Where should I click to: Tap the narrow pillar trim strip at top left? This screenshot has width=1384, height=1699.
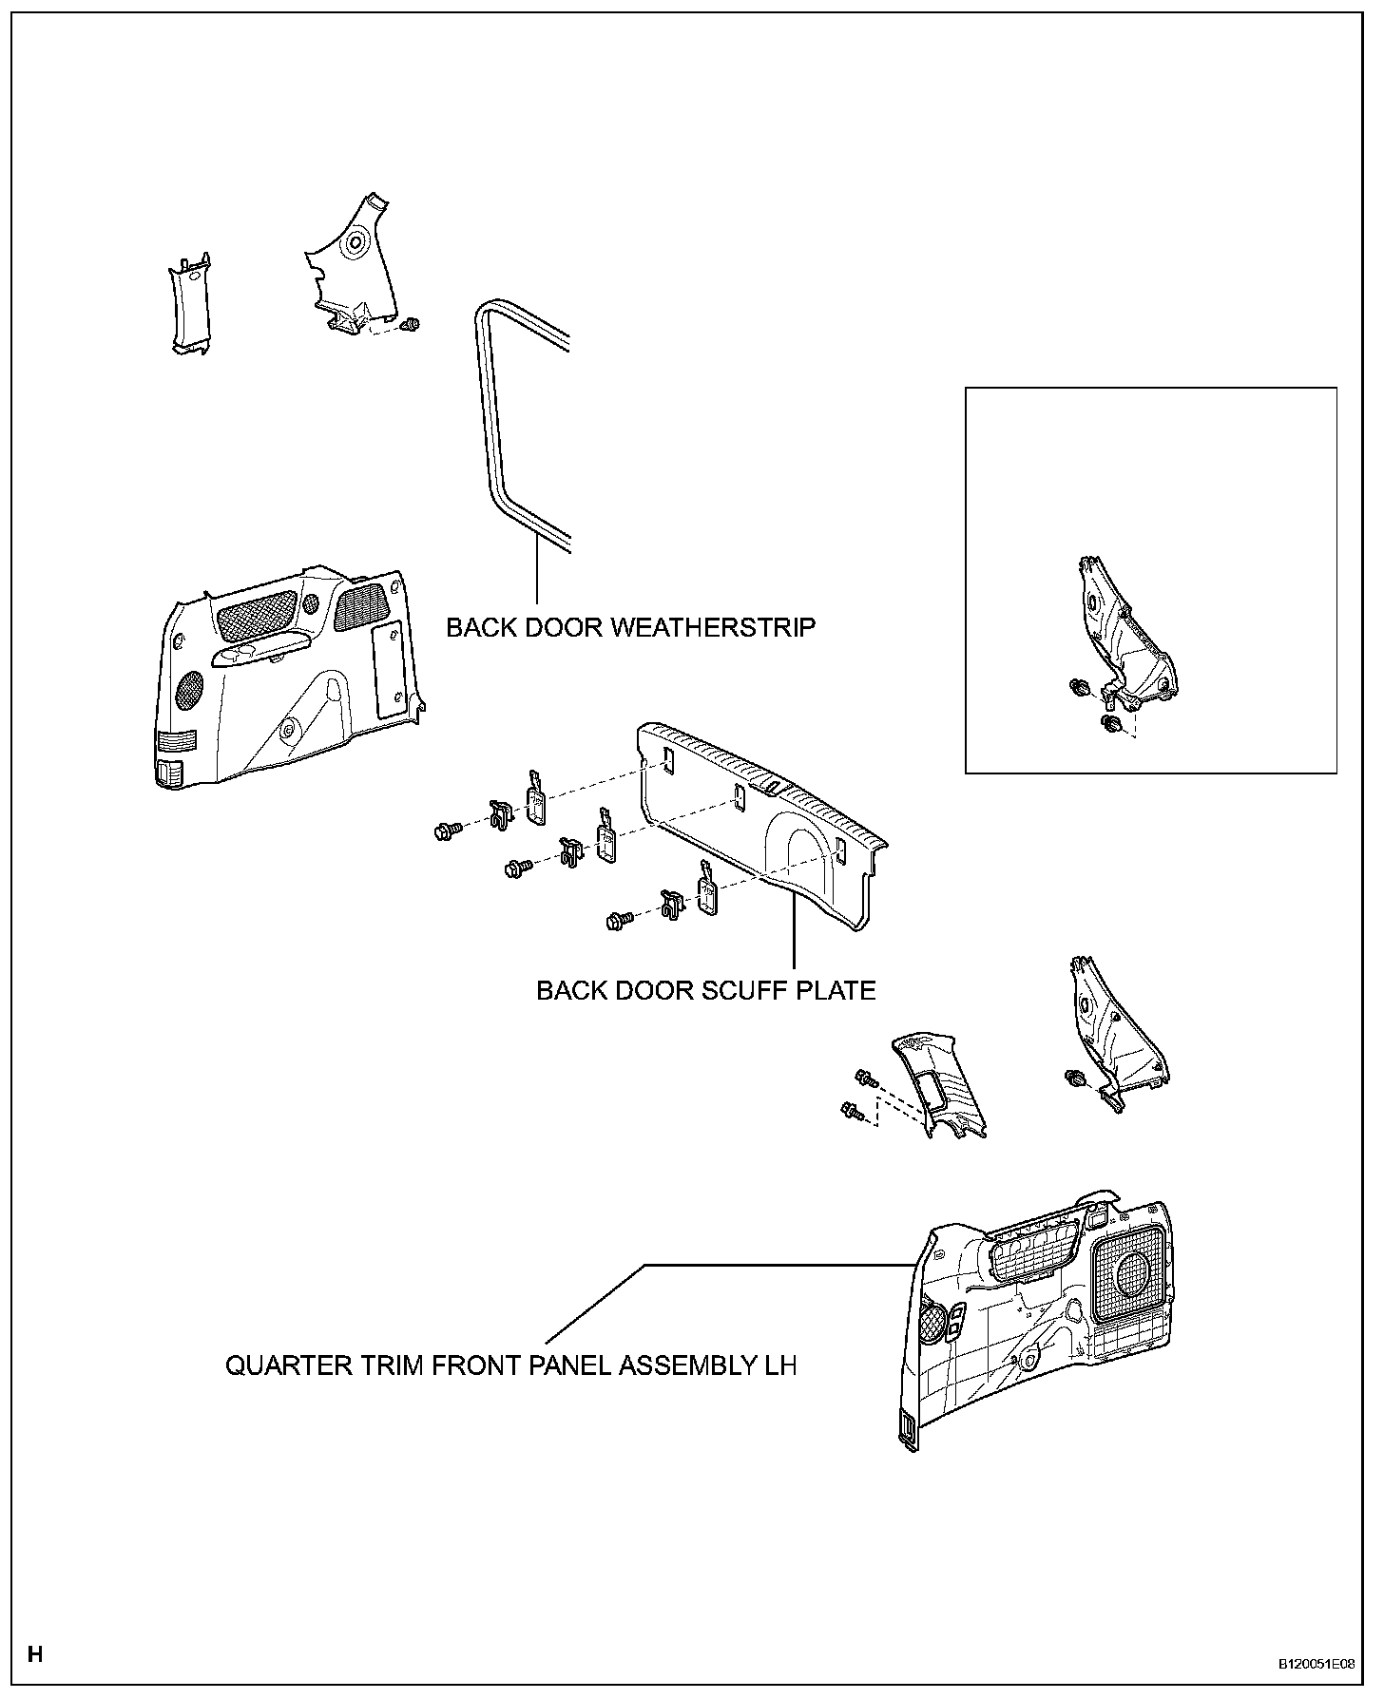point(189,304)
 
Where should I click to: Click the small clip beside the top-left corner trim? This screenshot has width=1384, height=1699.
point(412,325)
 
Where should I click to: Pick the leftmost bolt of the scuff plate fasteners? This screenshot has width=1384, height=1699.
point(443,832)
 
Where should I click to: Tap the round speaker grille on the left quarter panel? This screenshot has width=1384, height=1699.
point(189,689)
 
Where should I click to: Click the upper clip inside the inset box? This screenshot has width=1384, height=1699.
point(1079,687)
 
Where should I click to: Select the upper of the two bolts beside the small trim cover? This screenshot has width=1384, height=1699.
point(865,1078)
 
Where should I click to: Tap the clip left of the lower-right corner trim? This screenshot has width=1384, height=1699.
point(1076,1078)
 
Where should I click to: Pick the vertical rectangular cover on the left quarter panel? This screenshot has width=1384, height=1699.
point(389,671)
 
